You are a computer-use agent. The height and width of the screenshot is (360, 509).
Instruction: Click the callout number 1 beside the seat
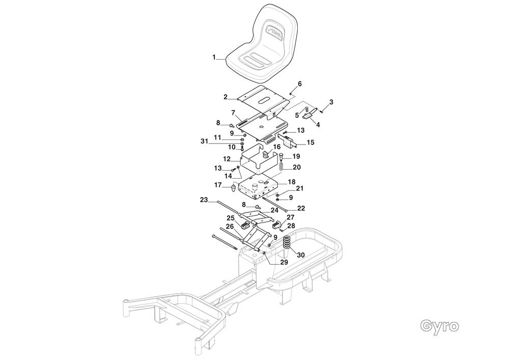214,58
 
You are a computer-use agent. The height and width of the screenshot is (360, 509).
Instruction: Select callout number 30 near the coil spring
300,255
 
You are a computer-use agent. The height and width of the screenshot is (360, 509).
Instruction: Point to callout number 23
204,201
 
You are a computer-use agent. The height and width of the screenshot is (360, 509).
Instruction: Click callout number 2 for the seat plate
225,96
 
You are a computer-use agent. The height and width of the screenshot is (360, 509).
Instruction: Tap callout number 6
299,84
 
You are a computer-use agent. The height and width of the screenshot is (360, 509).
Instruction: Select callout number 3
331,102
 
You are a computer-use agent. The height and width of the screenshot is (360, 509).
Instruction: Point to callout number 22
301,208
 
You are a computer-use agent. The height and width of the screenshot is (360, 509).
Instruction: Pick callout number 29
284,262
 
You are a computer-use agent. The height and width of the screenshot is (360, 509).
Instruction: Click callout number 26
229,227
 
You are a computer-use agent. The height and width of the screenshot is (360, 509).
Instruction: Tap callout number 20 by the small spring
296,167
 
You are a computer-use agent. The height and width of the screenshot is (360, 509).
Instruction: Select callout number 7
233,113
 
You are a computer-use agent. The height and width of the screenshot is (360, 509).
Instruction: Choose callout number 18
292,181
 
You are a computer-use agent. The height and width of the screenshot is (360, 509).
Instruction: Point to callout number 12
227,159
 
